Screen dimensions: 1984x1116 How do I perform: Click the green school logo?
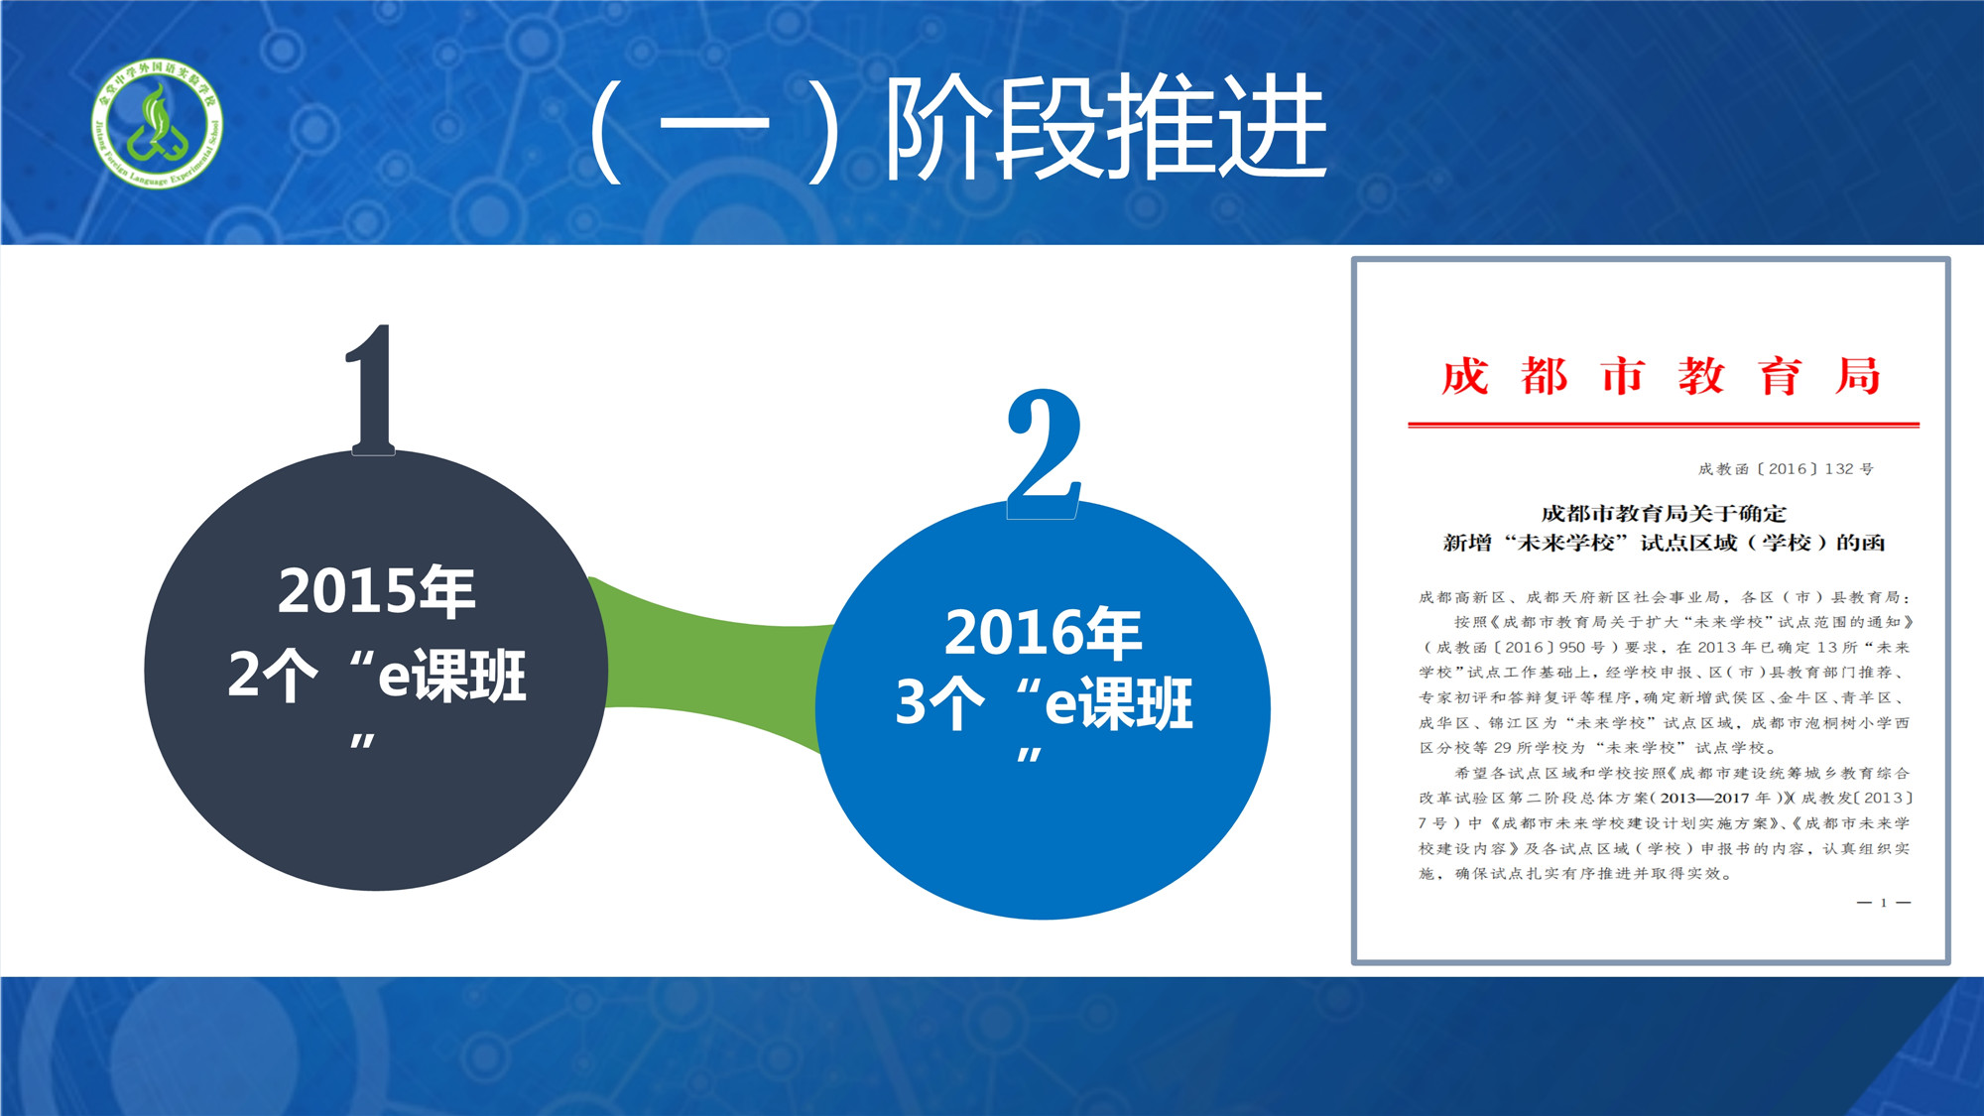157,122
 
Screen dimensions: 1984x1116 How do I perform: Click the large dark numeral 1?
371,389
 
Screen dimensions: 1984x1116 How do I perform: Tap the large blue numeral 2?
1044,453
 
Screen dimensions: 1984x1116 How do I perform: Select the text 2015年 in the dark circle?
377,591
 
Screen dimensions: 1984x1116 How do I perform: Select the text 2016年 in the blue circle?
1044,633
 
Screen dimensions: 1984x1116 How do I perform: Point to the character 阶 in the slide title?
936,129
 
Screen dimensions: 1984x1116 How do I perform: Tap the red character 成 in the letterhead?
1465,377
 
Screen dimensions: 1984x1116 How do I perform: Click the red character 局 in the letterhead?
1858,377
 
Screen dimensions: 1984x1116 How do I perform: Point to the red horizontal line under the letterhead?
1664,425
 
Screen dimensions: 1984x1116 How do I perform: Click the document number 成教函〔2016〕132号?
1786,469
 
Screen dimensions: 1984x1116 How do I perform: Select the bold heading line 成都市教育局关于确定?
1664,514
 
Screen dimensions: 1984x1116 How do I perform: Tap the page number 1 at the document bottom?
1884,903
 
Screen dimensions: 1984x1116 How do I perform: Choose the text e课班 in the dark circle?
452,676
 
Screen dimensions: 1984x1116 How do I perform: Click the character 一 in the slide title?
714,126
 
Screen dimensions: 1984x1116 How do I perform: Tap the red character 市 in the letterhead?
1623,377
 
